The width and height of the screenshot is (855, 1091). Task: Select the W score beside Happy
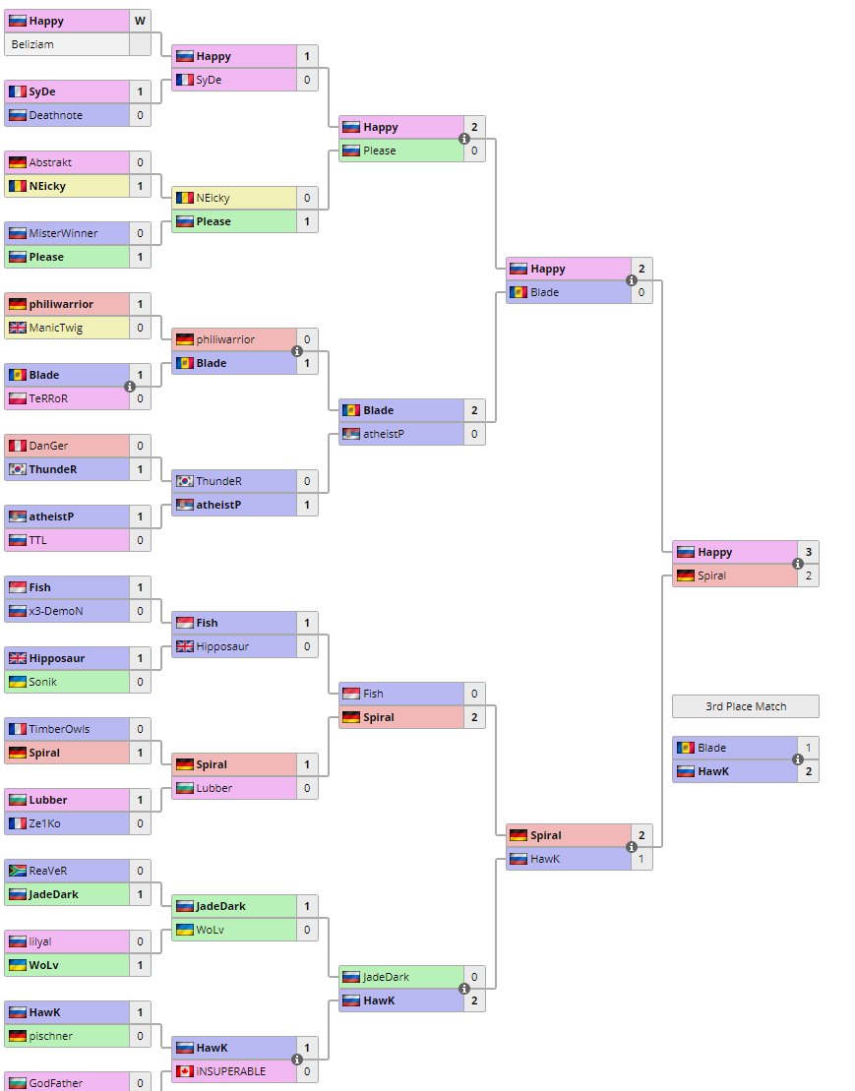[140, 21]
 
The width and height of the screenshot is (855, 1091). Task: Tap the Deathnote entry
[55, 115]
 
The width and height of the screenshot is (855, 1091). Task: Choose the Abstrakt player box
[50, 162]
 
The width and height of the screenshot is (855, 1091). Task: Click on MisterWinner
[63, 233]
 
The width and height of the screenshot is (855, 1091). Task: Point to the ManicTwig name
[57, 328]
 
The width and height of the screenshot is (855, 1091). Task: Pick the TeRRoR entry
[49, 398]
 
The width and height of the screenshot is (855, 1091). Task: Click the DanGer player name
[49, 446]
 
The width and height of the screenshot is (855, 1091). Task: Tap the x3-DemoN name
[56, 611]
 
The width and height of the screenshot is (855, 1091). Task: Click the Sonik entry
[43, 682]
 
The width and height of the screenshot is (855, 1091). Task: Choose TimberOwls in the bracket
[59, 729]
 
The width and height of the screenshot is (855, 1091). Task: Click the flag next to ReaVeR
[17, 871]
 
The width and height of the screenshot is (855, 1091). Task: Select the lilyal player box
[40, 941]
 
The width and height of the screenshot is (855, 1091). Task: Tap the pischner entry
[50, 1036]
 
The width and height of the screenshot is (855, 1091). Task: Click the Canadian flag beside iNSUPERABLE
[184, 1071]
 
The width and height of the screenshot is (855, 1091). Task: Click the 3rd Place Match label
[744, 706]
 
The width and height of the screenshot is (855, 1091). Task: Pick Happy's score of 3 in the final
[808, 552]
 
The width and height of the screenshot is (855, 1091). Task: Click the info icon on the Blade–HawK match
[798, 759]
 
